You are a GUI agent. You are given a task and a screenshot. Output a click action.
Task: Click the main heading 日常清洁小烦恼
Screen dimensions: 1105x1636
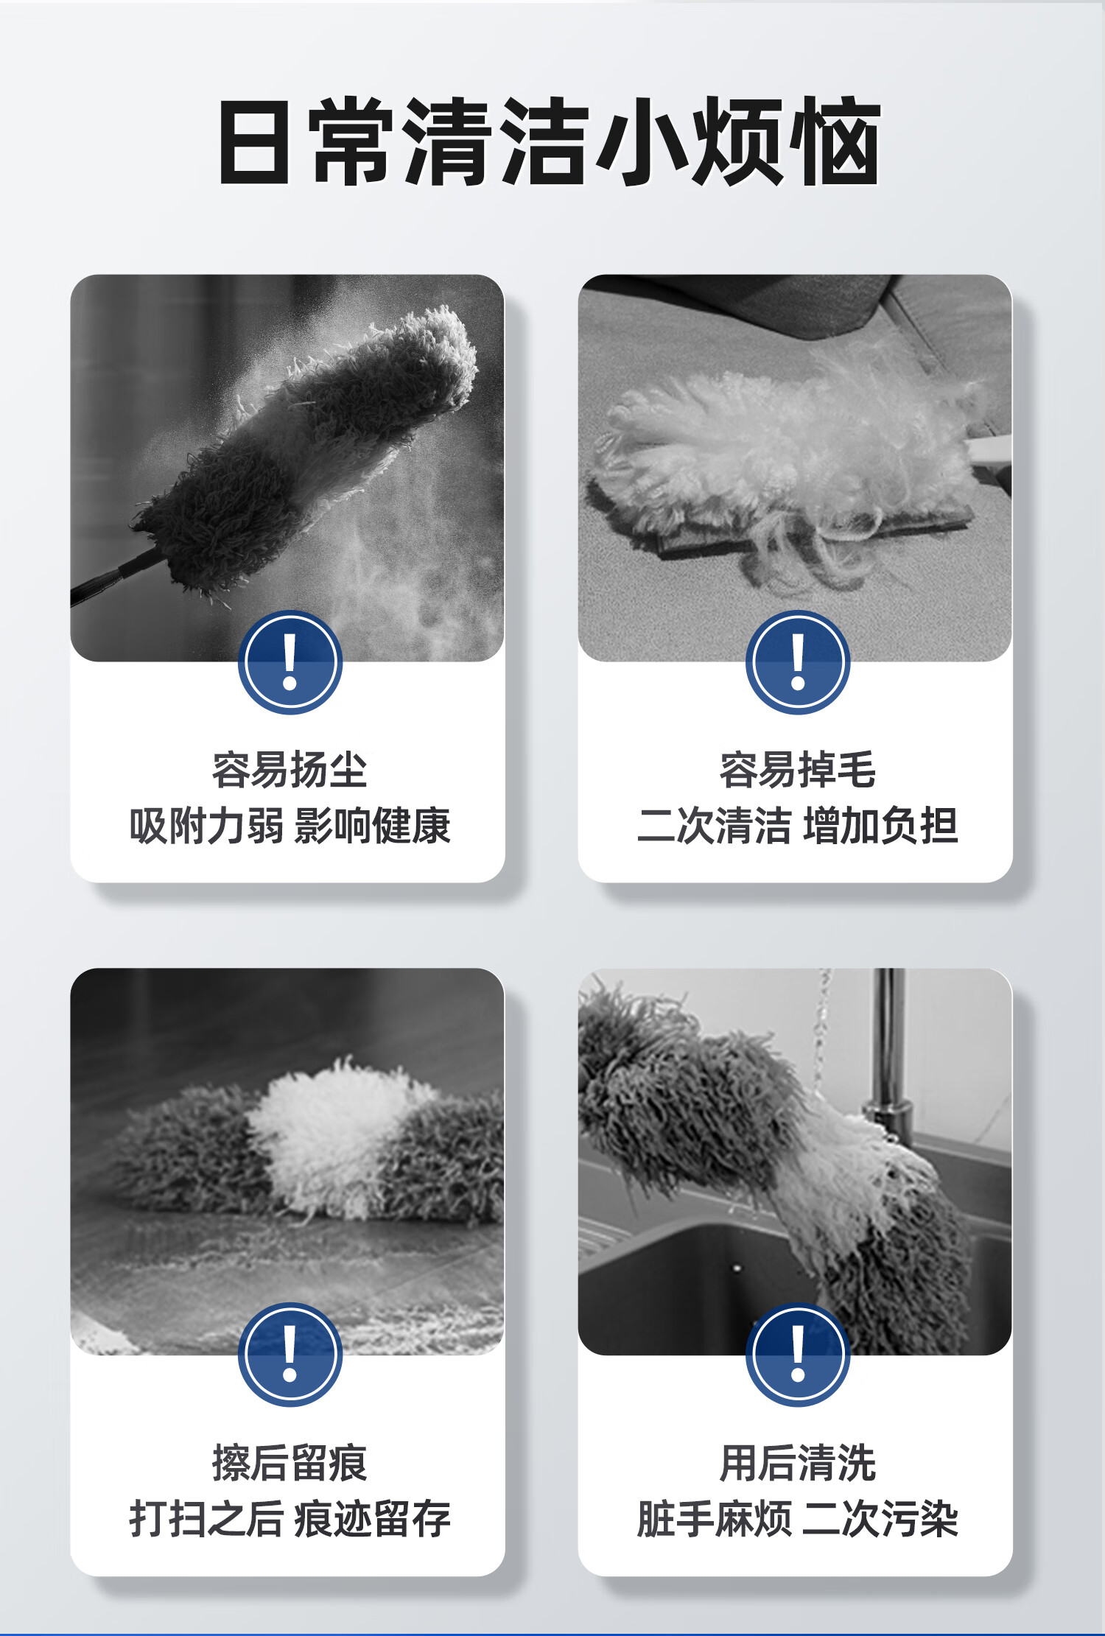click(550, 141)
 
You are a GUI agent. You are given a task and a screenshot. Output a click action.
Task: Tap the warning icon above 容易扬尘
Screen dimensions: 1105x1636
click(290, 662)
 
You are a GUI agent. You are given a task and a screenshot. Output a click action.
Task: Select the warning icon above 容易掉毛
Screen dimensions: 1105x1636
click(798, 662)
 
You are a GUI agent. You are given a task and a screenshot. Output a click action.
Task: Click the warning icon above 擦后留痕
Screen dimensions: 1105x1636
click(290, 1355)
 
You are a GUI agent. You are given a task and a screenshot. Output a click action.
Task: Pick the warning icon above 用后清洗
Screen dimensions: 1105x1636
click(798, 1355)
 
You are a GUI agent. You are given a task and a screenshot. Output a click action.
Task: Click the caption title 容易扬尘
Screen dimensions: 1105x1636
click(290, 770)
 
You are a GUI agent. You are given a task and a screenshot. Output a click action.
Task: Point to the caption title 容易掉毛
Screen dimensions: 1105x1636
click(798, 770)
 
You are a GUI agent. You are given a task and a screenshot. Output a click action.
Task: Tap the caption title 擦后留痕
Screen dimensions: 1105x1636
click(290, 1463)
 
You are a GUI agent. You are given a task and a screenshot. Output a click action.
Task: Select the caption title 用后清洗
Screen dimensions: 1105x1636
click(798, 1463)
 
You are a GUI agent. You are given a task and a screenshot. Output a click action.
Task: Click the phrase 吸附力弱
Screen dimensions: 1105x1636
click(206, 826)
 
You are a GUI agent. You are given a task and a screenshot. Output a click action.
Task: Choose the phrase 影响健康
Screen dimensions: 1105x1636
click(372, 826)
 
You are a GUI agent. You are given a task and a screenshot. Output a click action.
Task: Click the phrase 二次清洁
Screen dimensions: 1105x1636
click(715, 826)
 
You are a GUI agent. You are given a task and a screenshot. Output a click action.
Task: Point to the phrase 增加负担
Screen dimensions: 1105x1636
click(881, 826)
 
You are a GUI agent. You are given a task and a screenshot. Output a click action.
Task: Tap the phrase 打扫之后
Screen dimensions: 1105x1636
click(206, 1519)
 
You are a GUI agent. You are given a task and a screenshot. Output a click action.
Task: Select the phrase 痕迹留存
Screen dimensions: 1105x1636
click(372, 1519)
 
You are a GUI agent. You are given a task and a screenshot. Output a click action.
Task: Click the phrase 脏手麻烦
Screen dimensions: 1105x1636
click(715, 1519)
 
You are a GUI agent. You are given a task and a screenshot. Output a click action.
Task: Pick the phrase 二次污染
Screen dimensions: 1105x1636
click(881, 1519)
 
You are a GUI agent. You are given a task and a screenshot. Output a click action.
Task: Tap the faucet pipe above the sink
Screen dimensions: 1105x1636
click(890, 1046)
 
